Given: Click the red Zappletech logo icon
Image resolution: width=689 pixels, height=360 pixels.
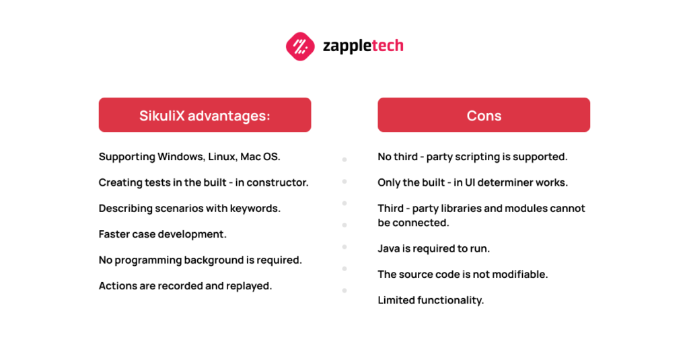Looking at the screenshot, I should click(300, 46).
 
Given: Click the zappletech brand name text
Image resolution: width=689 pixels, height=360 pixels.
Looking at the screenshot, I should click(363, 46).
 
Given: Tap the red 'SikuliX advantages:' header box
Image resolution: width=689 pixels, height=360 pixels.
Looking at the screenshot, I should click(205, 115).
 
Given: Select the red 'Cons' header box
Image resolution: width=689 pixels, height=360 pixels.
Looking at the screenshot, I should click(484, 115).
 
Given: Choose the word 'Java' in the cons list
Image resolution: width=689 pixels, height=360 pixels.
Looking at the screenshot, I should click(389, 249).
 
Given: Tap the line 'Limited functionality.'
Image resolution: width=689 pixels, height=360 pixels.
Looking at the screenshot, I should click(431, 300).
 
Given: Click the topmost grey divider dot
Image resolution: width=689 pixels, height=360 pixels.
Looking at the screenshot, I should click(344, 160).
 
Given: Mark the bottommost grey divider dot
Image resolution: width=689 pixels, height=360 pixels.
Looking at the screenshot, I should click(344, 291).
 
